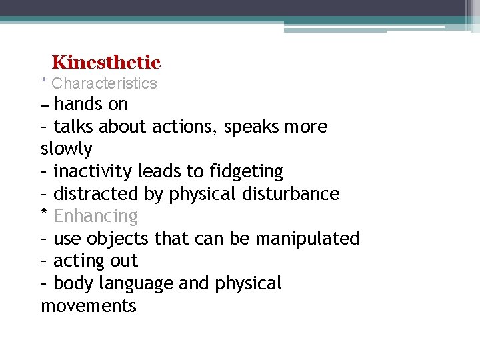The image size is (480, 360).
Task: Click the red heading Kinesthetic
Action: (x=106, y=63)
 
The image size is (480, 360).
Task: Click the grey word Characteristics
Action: (x=104, y=83)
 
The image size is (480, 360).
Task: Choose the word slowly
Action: (x=67, y=149)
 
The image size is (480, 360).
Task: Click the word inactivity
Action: (x=93, y=171)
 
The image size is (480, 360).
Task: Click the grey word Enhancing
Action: (x=95, y=217)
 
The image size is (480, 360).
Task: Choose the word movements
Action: (x=89, y=306)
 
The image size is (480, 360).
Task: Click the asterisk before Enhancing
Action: (x=44, y=214)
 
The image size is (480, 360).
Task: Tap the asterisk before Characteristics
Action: (x=44, y=82)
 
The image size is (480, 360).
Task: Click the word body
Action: (x=73, y=284)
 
